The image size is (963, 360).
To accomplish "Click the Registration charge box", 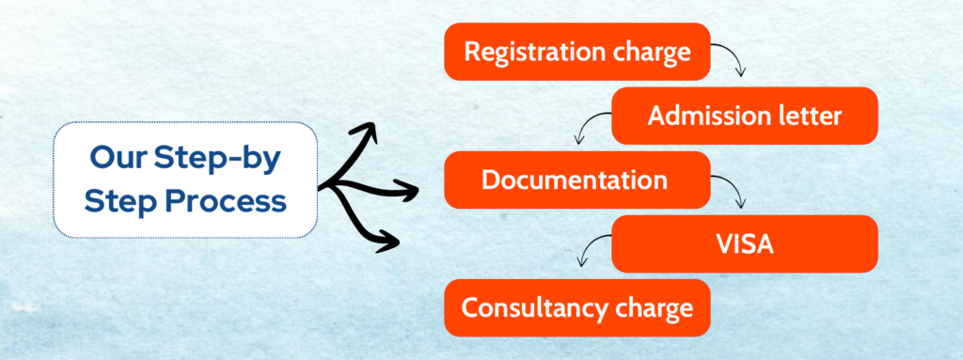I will (x=576, y=52).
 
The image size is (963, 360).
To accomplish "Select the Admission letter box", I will (x=745, y=116).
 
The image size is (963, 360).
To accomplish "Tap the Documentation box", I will (x=576, y=180).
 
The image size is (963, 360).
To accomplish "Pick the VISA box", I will (x=745, y=243).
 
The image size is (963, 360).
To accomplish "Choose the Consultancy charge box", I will (x=576, y=307).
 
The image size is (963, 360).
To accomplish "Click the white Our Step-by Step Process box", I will (x=186, y=180).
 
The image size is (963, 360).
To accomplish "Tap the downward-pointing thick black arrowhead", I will (x=387, y=241).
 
